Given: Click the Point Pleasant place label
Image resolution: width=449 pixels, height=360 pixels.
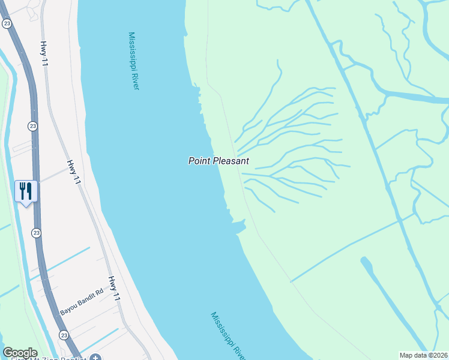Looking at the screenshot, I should coord(218,161).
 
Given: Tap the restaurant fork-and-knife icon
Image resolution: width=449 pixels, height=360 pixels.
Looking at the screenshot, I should coord(26,191).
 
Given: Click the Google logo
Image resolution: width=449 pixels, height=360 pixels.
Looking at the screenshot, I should coord(20,353).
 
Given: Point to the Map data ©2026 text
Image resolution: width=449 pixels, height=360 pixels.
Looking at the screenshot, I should coord(424,355).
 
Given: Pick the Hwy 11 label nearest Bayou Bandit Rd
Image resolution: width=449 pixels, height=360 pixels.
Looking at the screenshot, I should coord(115,289).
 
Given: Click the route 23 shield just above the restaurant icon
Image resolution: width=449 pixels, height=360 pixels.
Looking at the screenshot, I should coord(32,126).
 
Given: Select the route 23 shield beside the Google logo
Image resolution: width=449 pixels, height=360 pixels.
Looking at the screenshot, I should coord(64,334).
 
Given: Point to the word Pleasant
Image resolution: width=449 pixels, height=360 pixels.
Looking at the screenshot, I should coord(231,161).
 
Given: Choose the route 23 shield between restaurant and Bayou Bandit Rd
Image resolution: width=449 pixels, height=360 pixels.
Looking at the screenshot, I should coord(37,233).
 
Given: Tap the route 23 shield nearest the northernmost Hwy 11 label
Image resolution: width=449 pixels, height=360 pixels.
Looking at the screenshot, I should coord(7,23).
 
